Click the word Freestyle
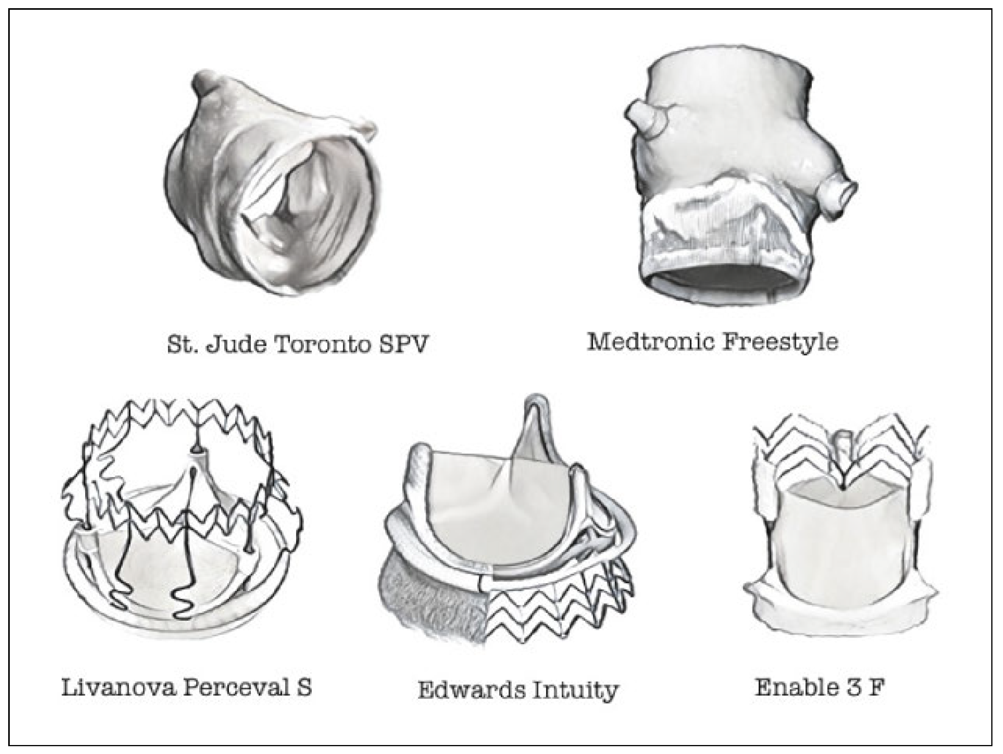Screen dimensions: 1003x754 click(x=780, y=341)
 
